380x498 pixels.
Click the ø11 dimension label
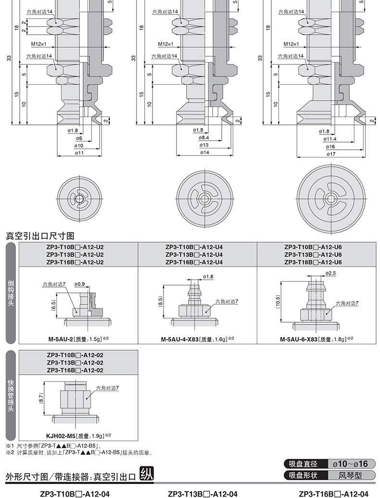tap(79, 153)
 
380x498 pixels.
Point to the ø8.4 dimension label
tap(204, 138)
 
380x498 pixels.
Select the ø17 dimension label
tap(331, 154)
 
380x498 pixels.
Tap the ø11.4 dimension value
tap(330, 139)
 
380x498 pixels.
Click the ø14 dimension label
tap(204, 153)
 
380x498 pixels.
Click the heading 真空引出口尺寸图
tap(40, 236)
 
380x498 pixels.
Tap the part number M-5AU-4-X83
tap(180, 339)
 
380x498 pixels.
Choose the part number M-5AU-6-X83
tap(299, 339)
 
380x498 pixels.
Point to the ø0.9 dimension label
tap(80, 284)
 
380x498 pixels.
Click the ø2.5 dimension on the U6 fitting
tap(330, 273)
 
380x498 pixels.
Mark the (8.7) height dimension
tap(41, 397)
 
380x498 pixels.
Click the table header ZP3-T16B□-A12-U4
tap(194, 262)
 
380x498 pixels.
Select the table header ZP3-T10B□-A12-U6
tap(313, 247)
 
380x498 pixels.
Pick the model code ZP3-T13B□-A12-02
tap(75, 363)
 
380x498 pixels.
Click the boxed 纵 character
tap(147, 474)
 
